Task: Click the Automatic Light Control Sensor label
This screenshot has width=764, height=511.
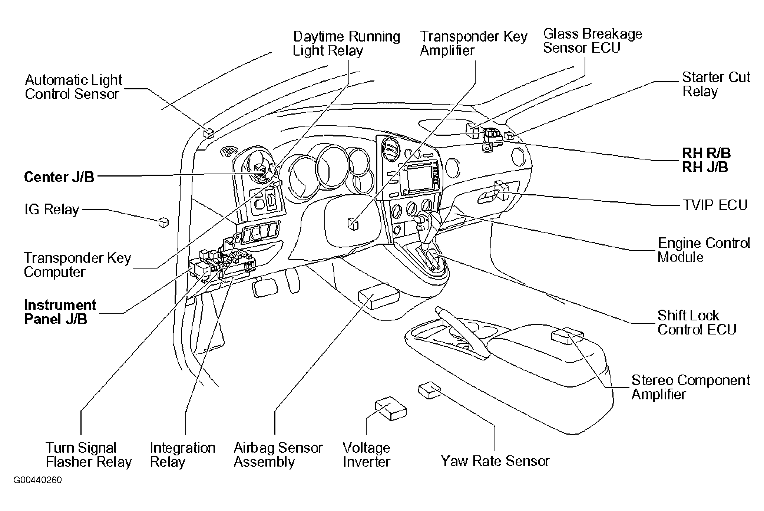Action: [x=73, y=87]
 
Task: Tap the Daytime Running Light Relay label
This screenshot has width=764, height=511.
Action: [x=347, y=43]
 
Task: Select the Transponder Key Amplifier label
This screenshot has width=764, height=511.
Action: [x=473, y=43]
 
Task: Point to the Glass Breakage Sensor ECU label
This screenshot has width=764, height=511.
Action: [x=592, y=40]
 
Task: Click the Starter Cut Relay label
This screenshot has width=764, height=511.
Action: [x=716, y=84]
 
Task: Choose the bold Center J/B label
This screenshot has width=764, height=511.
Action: [x=59, y=177]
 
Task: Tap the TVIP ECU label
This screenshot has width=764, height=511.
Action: [x=715, y=205]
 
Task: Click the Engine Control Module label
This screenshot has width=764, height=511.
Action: [x=704, y=250]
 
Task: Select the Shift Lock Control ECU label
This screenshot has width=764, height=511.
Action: [x=697, y=322]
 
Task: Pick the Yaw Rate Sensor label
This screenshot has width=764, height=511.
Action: [x=495, y=461]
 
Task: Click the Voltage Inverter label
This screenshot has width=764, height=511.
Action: [x=366, y=455]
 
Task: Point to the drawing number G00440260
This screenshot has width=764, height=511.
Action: [x=38, y=480]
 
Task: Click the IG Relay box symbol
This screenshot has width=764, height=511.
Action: [x=163, y=222]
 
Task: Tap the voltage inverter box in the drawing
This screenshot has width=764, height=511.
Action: [x=391, y=408]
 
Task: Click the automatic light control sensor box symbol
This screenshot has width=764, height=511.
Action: [x=209, y=133]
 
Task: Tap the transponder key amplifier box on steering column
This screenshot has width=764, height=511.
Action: [x=353, y=224]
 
